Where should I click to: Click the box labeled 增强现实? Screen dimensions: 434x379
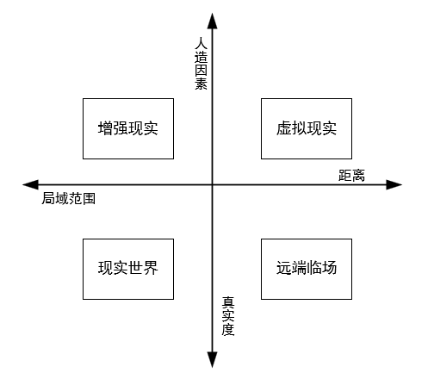pyautogui.click(x=128, y=128)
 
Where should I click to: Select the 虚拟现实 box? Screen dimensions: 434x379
pyautogui.click(x=307, y=128)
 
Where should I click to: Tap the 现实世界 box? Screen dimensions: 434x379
pyautogui.click(x=128, y=269)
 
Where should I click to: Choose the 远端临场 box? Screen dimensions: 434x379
pyautogui.click(x=307, y=269)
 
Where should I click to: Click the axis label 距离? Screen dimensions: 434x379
pyautogui.click(x=351, y=176)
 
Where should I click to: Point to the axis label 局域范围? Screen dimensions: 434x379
pyautogui.click(x=68, y=199)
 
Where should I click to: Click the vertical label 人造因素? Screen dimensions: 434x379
pyautogui.click(x=201, y=64)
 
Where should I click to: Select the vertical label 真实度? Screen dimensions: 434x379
pyautogui.click(x=228, y=316)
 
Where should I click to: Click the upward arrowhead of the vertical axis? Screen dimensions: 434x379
pyautogui.click(x=213, y=21)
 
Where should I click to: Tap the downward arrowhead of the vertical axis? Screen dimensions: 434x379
pyautogui.click(x=213, y=360)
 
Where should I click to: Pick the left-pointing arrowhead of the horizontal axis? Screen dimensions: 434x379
pyautogui.click(x=30, y=184)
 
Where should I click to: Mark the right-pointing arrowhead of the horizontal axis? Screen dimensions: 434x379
pyautogui.click(x=394, y=184)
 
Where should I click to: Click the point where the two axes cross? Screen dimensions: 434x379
pyautogui.click(x=213, y=184)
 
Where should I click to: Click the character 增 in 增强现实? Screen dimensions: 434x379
pyautogui.click(x=105, y=128)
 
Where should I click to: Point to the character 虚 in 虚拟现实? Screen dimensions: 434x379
pyautogui.click(x=283, y=128)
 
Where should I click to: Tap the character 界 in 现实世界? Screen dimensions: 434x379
pyautogui.click(x=151, y=268)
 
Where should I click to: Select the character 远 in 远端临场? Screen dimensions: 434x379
pyautogui.click(x=283, y=268)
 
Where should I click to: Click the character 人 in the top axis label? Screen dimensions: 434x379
pyautogui.click(x=201, y=43)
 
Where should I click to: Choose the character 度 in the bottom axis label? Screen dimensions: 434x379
pyautogui.click(x=228, y=330)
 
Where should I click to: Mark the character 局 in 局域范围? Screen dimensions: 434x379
pyautogui.click(x=48, y=199)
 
